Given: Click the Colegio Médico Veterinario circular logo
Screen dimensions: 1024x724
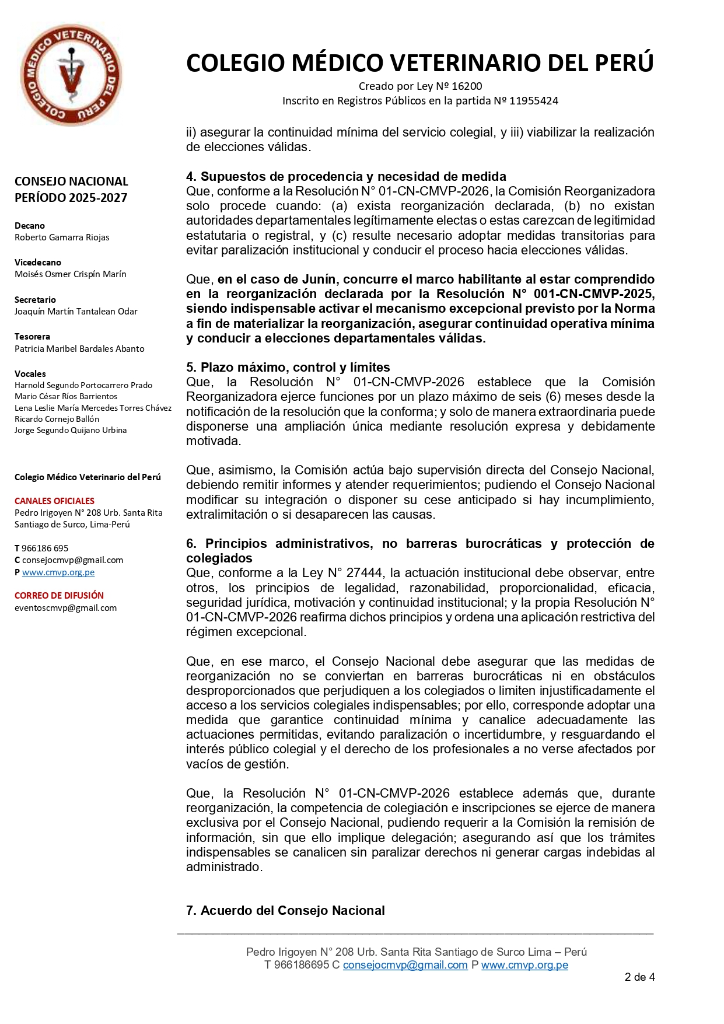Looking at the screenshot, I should click(71, 75).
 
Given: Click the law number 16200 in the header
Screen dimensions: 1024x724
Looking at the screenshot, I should click(467, 86).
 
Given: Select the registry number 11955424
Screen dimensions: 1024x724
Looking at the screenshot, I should click(534, 101).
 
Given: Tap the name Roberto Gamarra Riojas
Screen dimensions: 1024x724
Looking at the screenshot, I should click(62, 237).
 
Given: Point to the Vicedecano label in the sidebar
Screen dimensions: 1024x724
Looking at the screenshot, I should click(38, 263).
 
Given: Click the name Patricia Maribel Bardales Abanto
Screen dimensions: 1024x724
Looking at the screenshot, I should click(79, 349).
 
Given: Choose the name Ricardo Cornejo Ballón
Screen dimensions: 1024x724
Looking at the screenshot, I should click(57, 419).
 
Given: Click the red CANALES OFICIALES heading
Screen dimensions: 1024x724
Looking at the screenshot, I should click(54, 501).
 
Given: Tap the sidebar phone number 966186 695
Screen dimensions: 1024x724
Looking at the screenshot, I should click(45, 548).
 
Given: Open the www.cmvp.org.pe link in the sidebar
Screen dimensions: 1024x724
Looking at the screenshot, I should click(58, 572).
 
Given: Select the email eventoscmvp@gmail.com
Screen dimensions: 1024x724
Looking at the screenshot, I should click(65, 608).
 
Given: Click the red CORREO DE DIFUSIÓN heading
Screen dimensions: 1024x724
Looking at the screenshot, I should click(59, 596).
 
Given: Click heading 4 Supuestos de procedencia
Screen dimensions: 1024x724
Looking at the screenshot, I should click(346, 177).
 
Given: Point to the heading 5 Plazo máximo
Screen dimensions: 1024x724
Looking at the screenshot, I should click(288, 368).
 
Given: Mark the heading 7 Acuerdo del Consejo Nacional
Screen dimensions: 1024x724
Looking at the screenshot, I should click(285, 911).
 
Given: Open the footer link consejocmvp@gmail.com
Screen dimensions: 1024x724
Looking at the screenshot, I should click(405, 965).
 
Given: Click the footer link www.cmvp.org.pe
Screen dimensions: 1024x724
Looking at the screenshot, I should click(524, 965).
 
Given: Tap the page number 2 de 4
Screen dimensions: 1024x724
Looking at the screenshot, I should click(639, 977).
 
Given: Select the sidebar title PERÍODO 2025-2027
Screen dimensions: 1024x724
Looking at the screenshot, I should click(71, 198).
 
